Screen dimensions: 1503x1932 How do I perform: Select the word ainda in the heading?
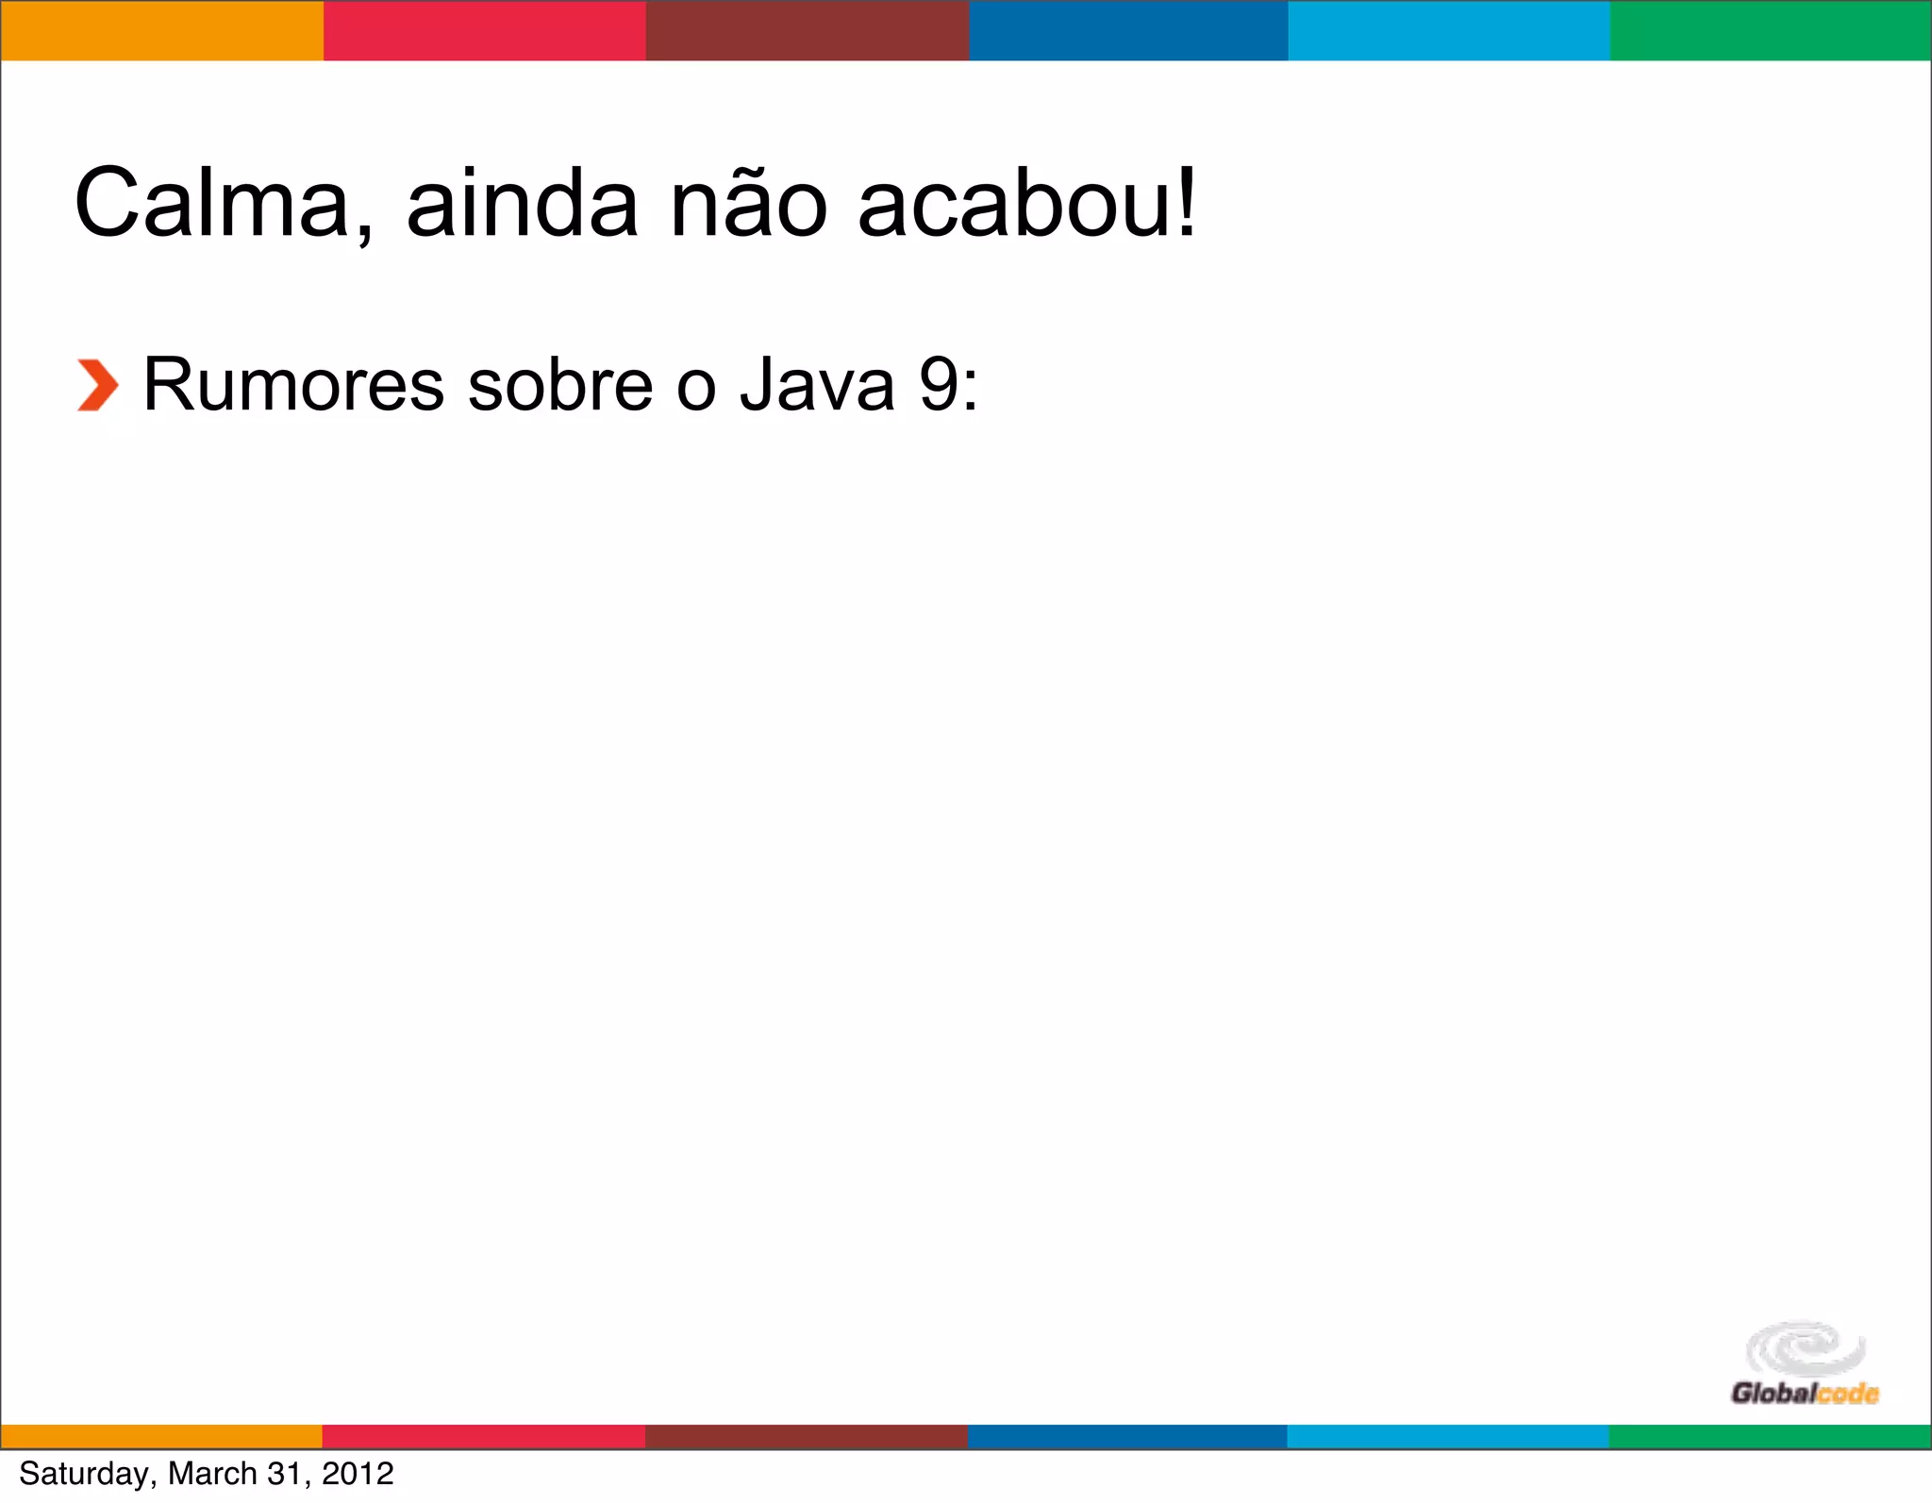pos(522,204)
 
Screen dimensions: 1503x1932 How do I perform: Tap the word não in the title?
pos(748,204)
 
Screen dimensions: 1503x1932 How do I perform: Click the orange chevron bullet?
pos(97,386)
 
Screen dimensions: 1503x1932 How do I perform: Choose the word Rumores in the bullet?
pos(293,386)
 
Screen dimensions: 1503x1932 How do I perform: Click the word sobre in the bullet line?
pos(560,386)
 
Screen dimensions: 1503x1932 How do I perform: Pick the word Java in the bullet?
pos(817,386)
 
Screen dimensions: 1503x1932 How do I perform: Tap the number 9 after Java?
pos(938,386)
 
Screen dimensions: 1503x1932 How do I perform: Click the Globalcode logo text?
pos(1804,1394)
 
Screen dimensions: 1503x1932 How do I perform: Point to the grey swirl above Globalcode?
pos(1805,1348)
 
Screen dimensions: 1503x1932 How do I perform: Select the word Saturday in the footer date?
pos(83,1474)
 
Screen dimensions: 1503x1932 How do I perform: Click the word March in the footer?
pos(212,1474)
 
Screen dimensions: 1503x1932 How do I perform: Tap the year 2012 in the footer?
pos(358,1474)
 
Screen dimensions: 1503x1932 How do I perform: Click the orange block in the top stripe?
pos(161,30)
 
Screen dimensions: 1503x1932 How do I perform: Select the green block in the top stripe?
pos(1771,30)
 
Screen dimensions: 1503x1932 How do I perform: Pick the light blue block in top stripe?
pos(1449,30)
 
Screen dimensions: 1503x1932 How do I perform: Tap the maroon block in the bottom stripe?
pos(807,1436)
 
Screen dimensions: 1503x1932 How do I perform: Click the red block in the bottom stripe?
pos(484,1436)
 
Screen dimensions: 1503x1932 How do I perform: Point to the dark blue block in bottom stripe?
pos(1127,1436)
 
